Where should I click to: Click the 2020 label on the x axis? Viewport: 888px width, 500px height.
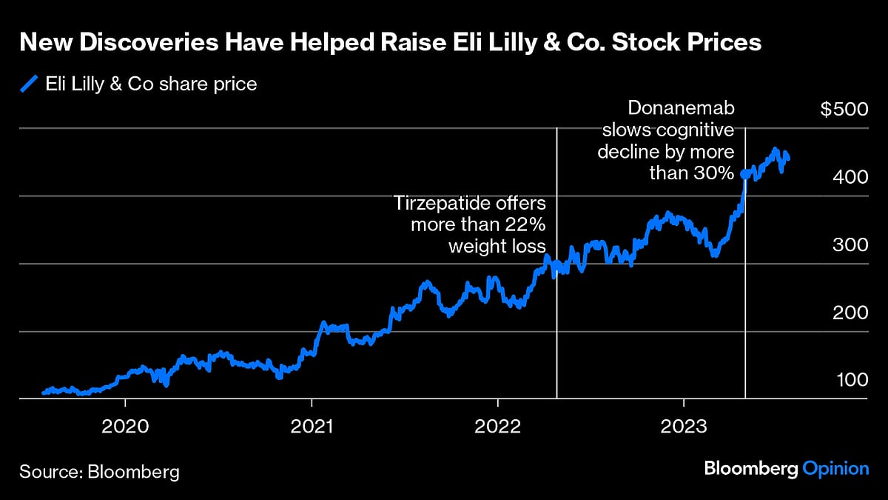[126, 427]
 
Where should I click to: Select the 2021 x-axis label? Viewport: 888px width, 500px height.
[312, 427]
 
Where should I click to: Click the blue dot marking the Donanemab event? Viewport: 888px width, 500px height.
[744, 175]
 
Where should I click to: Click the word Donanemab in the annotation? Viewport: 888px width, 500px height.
[681, 108]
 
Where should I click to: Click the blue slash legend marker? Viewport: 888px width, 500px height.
[28, 84]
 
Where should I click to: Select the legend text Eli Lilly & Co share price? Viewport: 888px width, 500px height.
[151, 84]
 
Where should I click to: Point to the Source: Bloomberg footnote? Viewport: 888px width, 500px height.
[99, 471]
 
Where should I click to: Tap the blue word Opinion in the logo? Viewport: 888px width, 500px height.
[836, 469]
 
